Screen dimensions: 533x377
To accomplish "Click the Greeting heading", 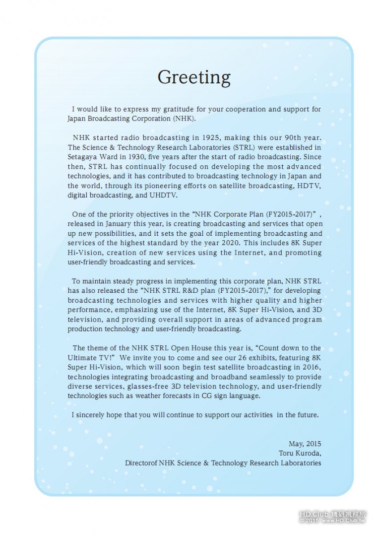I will [x=194, y=77].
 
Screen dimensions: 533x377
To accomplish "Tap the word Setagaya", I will [x=82, y=157].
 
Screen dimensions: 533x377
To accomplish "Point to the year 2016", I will [x=312, y=367].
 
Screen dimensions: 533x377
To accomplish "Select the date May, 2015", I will [x=305, y=444].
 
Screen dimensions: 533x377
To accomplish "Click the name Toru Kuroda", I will [x=300, y=453].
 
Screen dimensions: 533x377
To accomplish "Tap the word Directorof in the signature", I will [x=141, y=463].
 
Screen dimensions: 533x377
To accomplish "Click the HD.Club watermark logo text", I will [x=314, y=515].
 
